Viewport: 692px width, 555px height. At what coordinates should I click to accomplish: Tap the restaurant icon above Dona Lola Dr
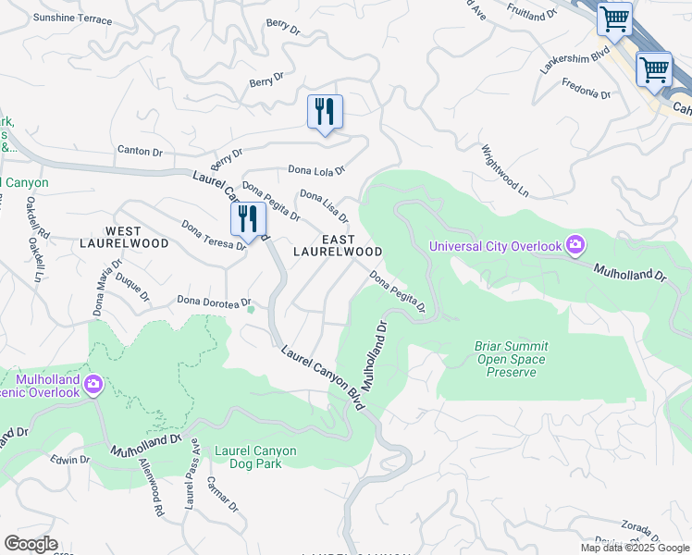[325, 112]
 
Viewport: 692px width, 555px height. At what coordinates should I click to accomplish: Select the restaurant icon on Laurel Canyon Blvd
[248, 219]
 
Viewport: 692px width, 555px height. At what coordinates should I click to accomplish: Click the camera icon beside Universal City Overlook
[575, 245]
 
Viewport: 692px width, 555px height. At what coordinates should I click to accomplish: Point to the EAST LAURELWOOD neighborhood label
[338, 245]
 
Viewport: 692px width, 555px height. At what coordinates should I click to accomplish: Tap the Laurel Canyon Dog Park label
[255, 458]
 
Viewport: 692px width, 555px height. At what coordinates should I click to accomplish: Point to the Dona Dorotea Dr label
[215, 302]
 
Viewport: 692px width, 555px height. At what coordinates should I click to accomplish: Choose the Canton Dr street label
[140, 151]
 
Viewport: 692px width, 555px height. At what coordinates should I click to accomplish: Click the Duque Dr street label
[131, 286]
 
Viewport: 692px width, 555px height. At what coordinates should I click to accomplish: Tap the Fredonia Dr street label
[587, 88]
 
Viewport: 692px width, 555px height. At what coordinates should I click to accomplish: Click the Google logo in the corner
[30, 544]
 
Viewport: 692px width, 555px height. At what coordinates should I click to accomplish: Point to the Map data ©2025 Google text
[634, 548]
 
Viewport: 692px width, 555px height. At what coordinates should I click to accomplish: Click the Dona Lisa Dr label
[323, 206]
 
